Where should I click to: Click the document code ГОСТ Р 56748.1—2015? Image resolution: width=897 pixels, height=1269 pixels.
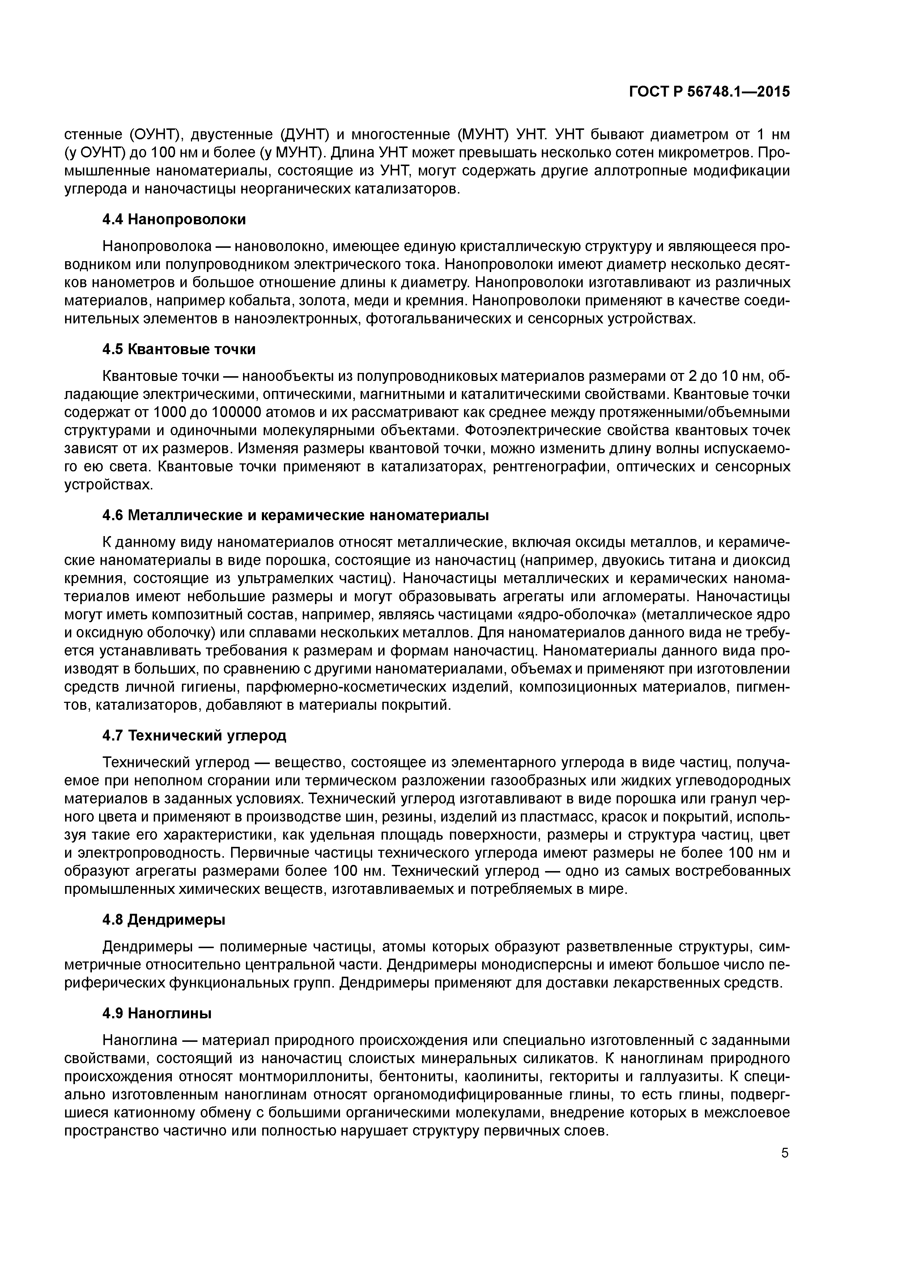tap(709, 92)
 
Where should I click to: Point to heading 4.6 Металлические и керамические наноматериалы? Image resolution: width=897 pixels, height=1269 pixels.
tap(296, 516)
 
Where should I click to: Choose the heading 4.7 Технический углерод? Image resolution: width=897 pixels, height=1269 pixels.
tap(195, 736)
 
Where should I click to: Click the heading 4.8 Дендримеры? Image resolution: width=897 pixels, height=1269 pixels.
tap(164, 920)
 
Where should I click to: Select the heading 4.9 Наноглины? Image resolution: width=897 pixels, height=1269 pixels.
tap(157, 1013)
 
